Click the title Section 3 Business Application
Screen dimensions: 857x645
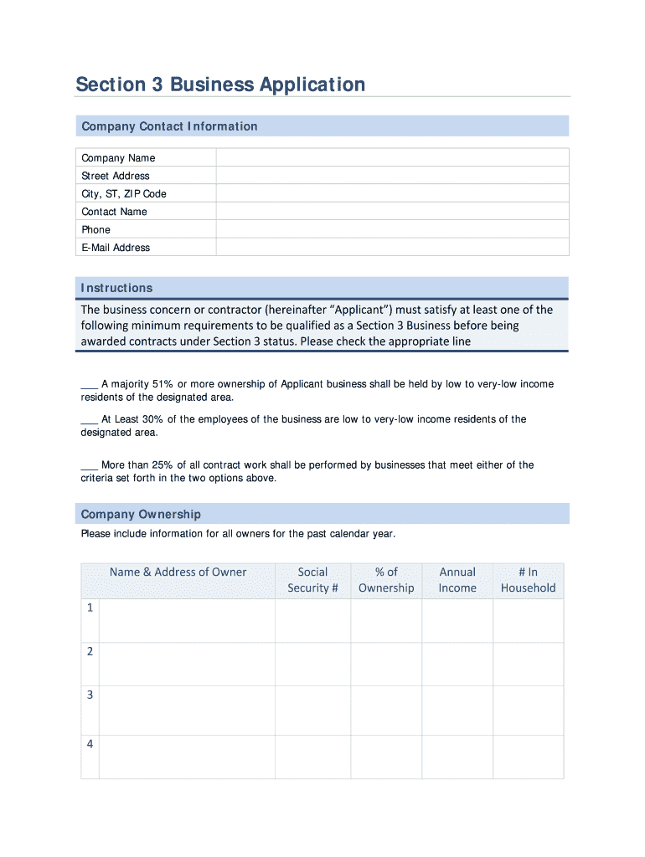tap(220, 85)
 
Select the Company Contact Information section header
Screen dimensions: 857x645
tap(169, 126)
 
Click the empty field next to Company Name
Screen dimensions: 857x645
tap(392, 157)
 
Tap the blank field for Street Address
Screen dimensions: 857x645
tap(392, 176)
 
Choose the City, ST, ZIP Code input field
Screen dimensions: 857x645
tap(392, 193)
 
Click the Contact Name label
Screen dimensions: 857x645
tap(114, 212)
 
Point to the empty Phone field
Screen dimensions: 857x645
tap(392, 229)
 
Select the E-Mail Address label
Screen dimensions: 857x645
tap(116, 248)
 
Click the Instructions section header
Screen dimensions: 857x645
tap(116, 288)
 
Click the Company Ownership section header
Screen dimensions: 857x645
tap(141, 514)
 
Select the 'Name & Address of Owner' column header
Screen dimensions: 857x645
tap(178, 572)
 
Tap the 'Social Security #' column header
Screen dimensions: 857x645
tap(312, 580)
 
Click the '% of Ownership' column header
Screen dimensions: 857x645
tap(386, 580)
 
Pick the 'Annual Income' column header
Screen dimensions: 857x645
tap(457, 580)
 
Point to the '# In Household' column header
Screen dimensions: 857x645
tap(528, 580)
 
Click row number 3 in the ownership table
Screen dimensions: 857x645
tap(90, 695)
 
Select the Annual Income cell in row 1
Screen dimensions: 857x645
tap(457, 620)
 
